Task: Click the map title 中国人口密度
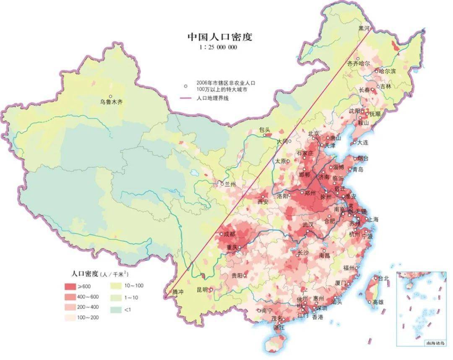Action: (219, 37)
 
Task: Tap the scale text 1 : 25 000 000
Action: (218, 47)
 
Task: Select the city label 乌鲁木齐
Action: (112, 102)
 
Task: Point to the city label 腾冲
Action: (178, 291)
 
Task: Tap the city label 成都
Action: (230, 234)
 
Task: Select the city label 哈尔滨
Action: (387, 71)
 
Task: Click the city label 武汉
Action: (308, 225)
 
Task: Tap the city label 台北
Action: (383, 278)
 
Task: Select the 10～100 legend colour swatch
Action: (115, 286)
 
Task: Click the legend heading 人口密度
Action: (85, 274)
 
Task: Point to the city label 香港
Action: (318, 317)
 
